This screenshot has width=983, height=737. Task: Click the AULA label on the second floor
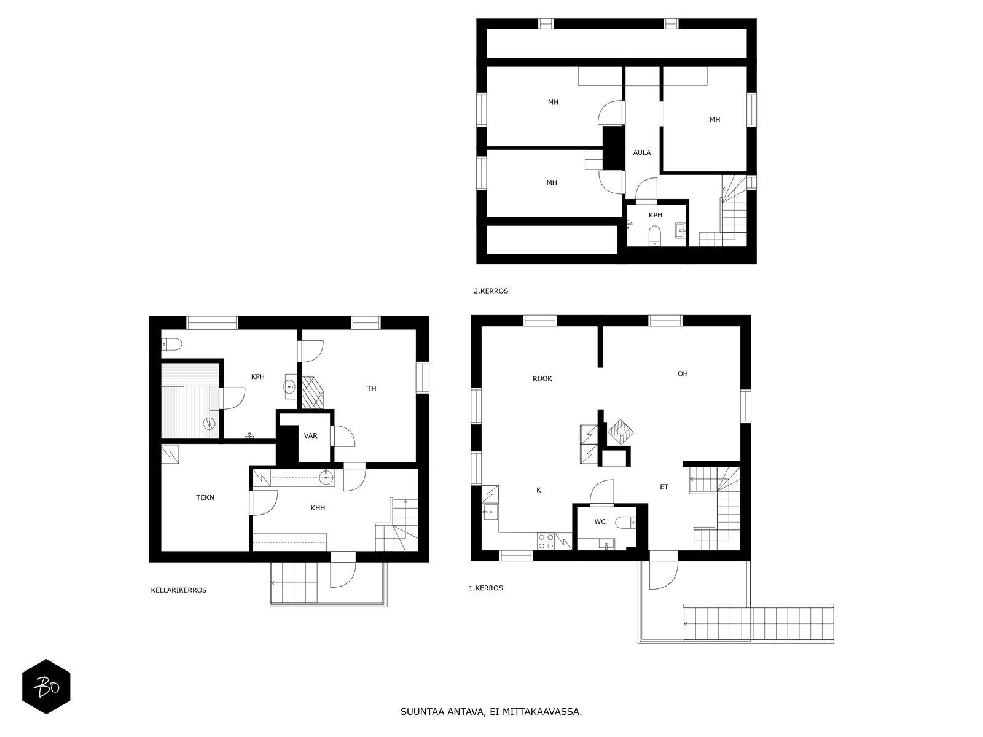point(641,152)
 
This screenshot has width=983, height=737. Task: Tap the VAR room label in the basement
point(310,435)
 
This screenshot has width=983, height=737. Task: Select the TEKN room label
point(205,497)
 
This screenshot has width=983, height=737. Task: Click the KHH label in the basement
point(318,508)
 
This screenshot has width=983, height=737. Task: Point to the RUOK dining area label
point(542,379)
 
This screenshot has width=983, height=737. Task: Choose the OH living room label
point(683,373)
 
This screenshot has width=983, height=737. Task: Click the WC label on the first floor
point(600,521)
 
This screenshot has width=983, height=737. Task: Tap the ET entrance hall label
point(664,487)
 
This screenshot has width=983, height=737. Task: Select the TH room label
point(371,388)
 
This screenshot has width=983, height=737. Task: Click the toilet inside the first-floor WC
point(626,523)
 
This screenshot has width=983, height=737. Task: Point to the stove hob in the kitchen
point(545,541)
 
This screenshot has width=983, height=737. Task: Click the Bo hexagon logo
point(46,687)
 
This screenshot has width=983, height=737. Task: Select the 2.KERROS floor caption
point(491,291)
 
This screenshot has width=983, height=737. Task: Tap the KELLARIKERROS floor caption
point(179,590)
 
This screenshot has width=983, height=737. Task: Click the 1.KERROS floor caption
point(486,588)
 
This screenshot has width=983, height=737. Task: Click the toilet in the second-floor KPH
point(655,235)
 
